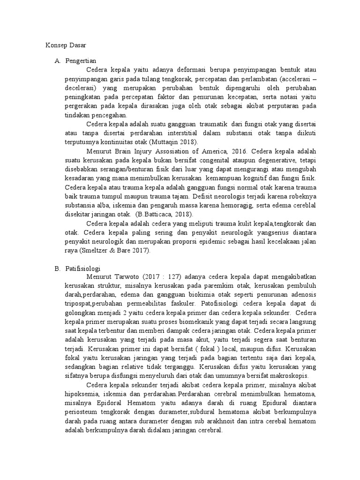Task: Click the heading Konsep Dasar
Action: point(65,45)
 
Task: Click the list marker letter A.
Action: point(57,61)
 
